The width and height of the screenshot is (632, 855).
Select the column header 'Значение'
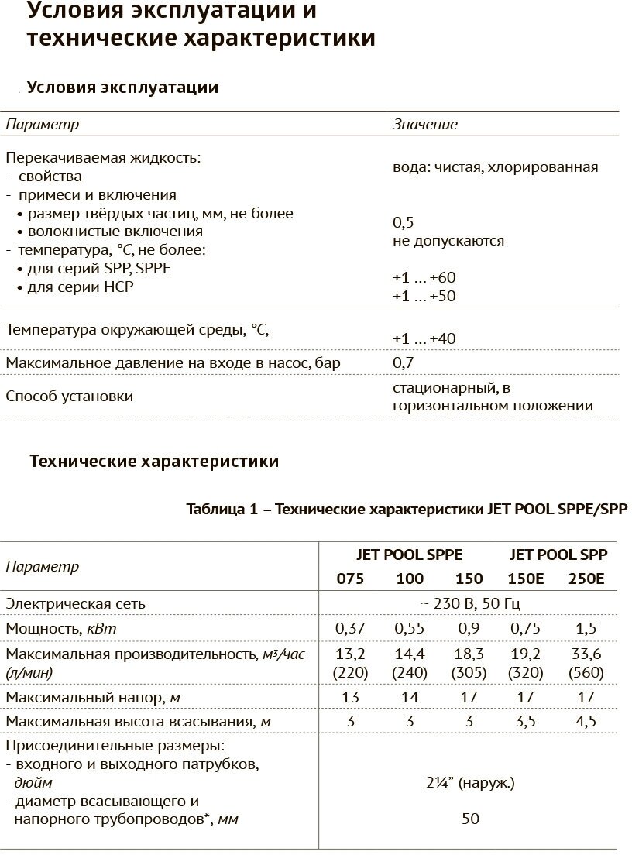pyautogui.click(x=425, y=124)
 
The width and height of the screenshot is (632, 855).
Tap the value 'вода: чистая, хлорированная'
pyautogui.click(x=495, y=167)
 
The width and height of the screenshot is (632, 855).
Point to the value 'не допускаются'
pyautogui.click(x=448, y=241)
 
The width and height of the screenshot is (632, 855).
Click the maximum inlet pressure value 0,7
pyautogui.click(x=403, y=362)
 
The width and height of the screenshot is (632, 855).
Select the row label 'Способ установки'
pyautogui.click(x=70, y=397)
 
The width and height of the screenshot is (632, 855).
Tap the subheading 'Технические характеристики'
pyautogui.click(x=154, y=462)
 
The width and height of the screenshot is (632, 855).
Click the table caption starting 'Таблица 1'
pyautogui.click(x=407, y=509)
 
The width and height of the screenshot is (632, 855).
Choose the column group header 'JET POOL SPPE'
pyautogui.click(x=408, y=555)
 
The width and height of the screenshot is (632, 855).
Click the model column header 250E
pyautogui.click(x=586, y=579)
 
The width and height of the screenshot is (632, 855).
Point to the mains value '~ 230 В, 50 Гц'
pyautogui.click(x=470, y=603)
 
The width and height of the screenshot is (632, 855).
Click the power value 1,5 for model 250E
pyautogui.click(x=586, y=628)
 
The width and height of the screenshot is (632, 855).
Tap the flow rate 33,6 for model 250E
pyautogui.click(x=586, y=654)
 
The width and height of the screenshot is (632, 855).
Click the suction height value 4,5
pyautogui.click(x=586, y=723)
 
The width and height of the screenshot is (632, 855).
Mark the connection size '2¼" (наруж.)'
pyautogui.click(x=470, y=783)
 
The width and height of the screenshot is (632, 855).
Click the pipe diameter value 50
pyautogui.click(x=470, y=819)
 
